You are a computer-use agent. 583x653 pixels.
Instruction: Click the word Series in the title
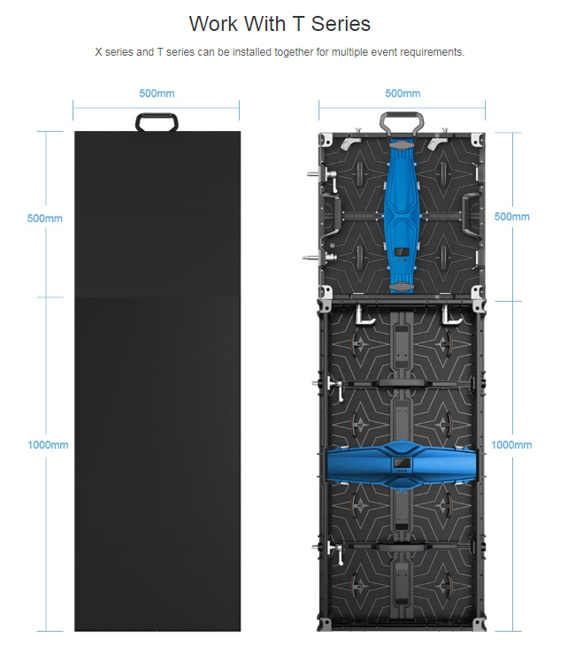[x=341, y=23]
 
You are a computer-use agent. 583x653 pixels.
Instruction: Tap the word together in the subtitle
[x=295, y=52]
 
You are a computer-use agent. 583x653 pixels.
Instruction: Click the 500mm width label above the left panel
[x=157, y=93]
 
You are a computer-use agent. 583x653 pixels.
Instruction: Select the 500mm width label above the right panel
[x=403, y=93]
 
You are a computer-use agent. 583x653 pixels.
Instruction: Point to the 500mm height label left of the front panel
[x=44, y=219]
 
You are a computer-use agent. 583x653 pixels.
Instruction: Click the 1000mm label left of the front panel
[x=48, y=445]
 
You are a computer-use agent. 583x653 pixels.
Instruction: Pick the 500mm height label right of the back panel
[x=512, y=217]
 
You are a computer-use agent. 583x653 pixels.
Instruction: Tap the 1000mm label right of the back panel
[x=511, y=445]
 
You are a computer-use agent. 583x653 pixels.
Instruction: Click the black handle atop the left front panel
[x=157, y=116]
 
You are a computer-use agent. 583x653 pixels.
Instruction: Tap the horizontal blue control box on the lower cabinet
[x=402, y=465]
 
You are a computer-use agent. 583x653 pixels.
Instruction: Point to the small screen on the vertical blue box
[x=402, y=252]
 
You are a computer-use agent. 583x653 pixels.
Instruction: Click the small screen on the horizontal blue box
[x=402, y=462]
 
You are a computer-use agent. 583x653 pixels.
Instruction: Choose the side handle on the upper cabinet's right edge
[x=470, y=213]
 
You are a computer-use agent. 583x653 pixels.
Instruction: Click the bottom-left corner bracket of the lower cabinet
[x=325, y=624]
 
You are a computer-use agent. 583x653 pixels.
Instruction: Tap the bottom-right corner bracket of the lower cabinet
[x=479, y=624]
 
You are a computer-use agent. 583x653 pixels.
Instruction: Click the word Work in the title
[x=213, y=23]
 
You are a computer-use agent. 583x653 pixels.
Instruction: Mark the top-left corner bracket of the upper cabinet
[x=326, y=140]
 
